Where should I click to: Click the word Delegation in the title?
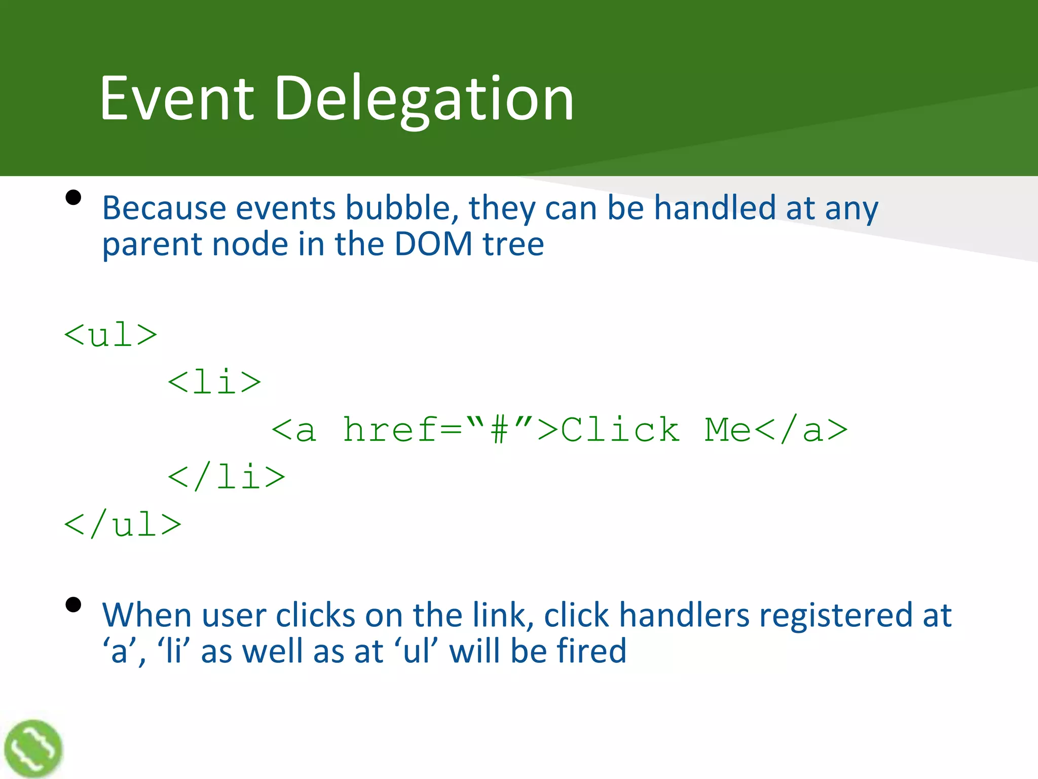424,98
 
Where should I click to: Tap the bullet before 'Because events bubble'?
73,197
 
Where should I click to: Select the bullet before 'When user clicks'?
73,605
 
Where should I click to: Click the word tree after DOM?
513,244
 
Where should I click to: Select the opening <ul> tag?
110,335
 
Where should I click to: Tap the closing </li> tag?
227,477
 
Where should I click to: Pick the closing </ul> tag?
123,524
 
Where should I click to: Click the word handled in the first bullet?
715,208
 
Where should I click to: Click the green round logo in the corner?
33,749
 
